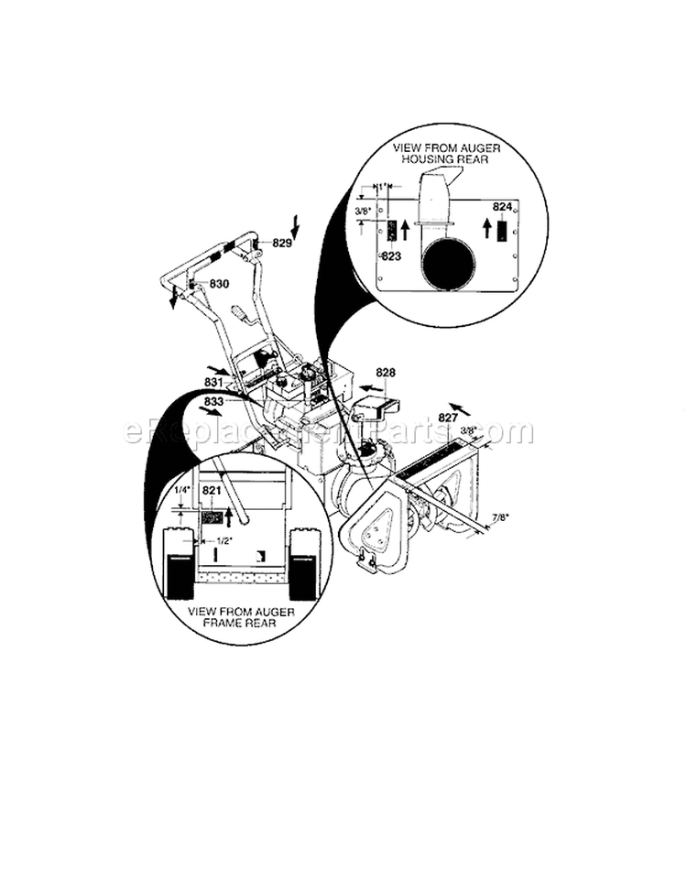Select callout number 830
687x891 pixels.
click(x=219, y=285)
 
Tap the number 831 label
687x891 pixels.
click(x=213, y=382)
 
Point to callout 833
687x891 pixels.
click(x=213, y=401)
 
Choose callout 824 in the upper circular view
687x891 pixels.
click(x=501, y=207)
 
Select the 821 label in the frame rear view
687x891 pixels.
click(x=212, y=492)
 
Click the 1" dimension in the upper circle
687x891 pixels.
click(x=383, y=186)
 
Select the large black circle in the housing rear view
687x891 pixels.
click(x=450, y=258)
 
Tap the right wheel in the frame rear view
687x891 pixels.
click(x=303, y=564)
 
